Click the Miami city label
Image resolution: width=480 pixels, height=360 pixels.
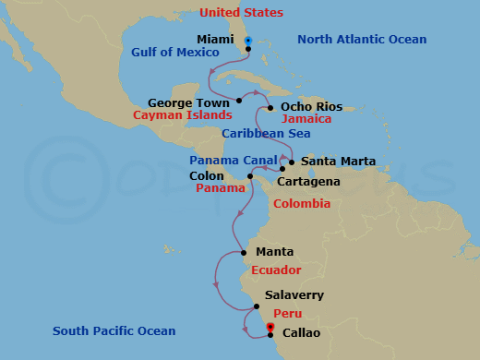pos(215,40)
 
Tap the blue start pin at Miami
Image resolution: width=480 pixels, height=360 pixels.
pos(248,41)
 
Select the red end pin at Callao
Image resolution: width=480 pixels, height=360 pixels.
pos(270,328)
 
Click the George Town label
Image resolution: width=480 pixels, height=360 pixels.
pos(189,102)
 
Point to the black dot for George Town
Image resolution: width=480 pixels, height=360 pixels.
pos(239,100)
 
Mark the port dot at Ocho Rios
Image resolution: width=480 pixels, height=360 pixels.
pos(270,108)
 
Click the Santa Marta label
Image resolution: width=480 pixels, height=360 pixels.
pos(339,161)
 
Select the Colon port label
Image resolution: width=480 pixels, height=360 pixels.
pos(206,175)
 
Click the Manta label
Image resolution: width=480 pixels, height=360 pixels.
pos(275,251)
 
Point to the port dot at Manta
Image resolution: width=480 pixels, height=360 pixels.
pos(243,252)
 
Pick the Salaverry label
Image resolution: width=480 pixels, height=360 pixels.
pos(294,295)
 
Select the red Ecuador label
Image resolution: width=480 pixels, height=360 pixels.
pos(276,270)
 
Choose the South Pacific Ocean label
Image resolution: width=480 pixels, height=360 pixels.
pos(114,330)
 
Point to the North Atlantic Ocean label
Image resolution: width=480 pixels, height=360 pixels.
pos(363,39)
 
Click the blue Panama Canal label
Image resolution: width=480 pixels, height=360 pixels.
pos(216,161)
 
